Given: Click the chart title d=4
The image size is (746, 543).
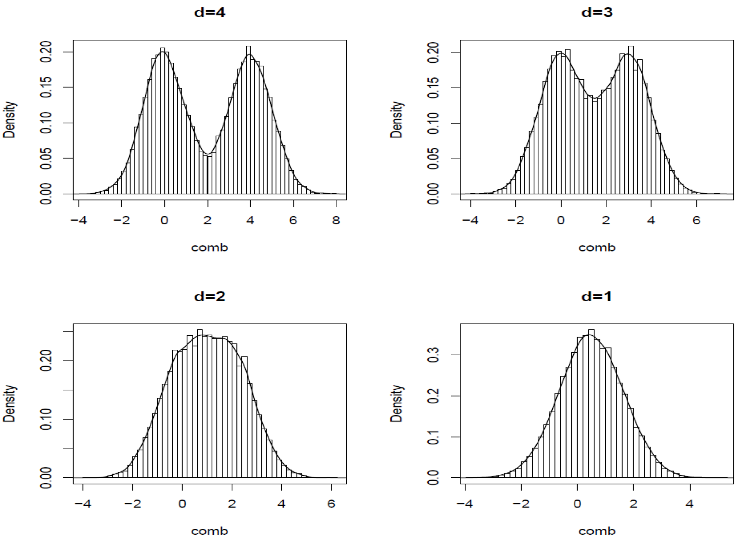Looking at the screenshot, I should click(x=210, y=12).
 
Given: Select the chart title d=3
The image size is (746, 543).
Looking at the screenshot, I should click(x=597, y=12).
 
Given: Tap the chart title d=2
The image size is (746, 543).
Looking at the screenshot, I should click(x=210, y=296).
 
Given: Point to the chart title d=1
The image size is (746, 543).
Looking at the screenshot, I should click(x=597, y=296).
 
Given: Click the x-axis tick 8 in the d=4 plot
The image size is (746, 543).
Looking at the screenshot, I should click(x=336, y=220).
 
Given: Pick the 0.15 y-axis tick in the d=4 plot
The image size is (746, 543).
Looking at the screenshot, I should click(x=46, y=87).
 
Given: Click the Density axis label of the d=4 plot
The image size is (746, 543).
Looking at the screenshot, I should click(x=10, y=120).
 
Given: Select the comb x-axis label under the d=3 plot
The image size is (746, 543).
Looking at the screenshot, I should click(x=597, y=248).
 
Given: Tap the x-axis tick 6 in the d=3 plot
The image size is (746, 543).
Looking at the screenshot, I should click(x=696, y=220).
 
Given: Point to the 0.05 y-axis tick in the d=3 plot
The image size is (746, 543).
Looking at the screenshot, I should click(x=433, y=159).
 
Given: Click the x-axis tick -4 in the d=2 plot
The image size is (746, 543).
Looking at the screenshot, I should click(x=83, y=504).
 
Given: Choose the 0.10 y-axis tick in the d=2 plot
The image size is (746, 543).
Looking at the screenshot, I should click(x=46, y=419).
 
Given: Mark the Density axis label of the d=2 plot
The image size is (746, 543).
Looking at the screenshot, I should click(x=10, y=403).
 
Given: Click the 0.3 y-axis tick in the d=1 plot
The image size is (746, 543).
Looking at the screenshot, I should click(x=433, y=355).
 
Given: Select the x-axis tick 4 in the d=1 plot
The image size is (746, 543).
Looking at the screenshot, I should click(x=690, y=504).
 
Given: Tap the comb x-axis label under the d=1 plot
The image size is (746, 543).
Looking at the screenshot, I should click(x=597, y=531).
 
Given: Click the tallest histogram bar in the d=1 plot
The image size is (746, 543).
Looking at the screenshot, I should click(x=591, y=404).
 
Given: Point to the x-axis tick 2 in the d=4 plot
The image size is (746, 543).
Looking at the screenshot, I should click(x=207, y=220).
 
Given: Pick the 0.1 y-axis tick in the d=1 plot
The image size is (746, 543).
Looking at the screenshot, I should click(x=433, y=437).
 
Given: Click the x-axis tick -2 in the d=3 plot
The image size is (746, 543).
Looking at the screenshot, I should click(x=516, y=220).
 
